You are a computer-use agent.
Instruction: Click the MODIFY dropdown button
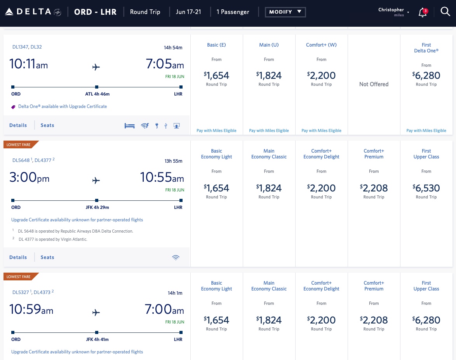285,12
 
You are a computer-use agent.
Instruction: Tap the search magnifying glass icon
445,12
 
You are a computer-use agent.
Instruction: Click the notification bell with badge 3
422,12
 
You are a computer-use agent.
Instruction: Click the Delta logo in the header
33,12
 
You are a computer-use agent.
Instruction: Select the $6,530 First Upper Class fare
426,188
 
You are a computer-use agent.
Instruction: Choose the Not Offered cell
374,84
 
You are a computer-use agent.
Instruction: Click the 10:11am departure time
28,64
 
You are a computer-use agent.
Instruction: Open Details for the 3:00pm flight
18,257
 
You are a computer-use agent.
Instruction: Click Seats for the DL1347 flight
47,125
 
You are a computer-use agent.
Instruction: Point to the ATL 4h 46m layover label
97,94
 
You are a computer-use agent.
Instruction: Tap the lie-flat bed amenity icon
129,125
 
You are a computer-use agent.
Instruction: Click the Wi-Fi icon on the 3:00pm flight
176,257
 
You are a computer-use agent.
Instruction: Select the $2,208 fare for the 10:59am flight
374,320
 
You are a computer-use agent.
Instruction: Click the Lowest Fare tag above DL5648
19,144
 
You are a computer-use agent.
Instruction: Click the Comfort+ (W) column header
321,45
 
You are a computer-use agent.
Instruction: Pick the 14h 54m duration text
173,48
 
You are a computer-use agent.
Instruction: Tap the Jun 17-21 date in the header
188,12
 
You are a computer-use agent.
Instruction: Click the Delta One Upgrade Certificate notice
62,106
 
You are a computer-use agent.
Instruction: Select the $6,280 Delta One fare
426,75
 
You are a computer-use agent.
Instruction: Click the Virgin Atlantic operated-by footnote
53,239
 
